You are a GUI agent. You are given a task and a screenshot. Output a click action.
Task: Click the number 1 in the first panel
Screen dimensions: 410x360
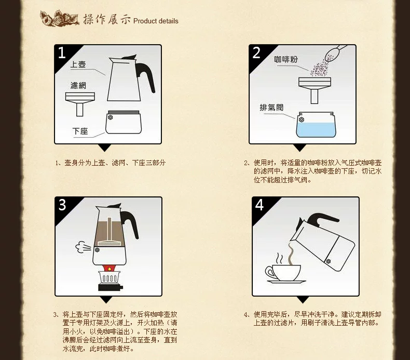tap(62, 52)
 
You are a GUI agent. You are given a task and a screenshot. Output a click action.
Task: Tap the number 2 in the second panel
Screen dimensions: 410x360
tap(256, 52)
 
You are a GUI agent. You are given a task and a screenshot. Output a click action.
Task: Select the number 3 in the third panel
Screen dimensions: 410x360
tap(62, 205)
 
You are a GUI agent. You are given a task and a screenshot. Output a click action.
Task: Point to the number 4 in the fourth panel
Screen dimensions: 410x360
tap(259, 205)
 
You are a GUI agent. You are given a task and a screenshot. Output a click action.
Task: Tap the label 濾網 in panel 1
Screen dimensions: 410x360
tap(78, 85)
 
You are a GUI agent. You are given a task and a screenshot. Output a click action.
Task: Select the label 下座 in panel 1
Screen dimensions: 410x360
tap(80, 131)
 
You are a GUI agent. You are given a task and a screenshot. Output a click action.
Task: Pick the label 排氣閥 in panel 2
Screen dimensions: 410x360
tap(272, 108)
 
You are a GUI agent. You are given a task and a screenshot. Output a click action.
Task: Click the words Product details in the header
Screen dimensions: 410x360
tap(156, 21)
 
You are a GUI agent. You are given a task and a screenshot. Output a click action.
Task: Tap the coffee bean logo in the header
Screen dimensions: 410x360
tap(60, 19)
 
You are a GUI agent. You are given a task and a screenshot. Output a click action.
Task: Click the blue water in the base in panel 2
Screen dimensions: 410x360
tap(318, 127)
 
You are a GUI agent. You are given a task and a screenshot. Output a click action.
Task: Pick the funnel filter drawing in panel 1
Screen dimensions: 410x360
tap(79, 101)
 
